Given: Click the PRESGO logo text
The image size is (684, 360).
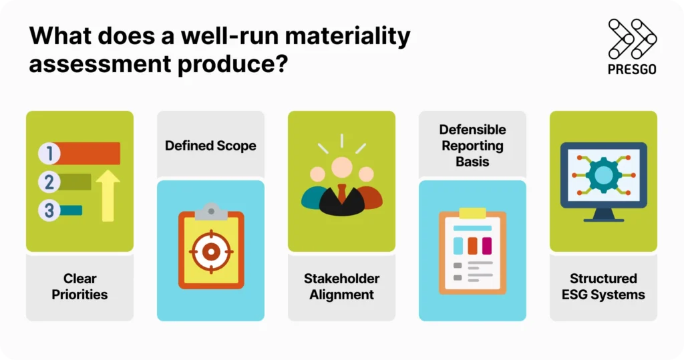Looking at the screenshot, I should tap(632, 69).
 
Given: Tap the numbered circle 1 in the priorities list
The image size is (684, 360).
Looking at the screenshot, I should tap(48, 154).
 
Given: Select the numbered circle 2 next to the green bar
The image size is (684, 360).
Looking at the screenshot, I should tap(48, 182).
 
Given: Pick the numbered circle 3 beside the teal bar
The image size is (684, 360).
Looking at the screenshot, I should tap(48, 210).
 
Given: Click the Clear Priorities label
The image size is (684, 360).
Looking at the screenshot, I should tap(79, 287).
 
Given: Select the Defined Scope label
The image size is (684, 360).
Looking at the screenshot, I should tap(210, 145).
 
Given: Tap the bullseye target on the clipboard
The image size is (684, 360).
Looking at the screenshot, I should tap(210, 251).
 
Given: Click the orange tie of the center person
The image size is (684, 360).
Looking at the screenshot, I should tap(341, 194).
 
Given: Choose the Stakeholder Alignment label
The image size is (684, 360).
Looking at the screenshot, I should tap(341, 287).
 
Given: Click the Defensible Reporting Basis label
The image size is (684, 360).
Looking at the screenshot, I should tap(472, 146).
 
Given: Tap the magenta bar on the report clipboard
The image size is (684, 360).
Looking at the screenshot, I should tap(486, 246).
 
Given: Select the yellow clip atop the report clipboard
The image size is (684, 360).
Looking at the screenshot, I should tap(472, 213).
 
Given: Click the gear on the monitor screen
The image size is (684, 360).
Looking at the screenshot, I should tap(603, 175).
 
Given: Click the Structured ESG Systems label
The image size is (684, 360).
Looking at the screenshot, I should tap(603, 287).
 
